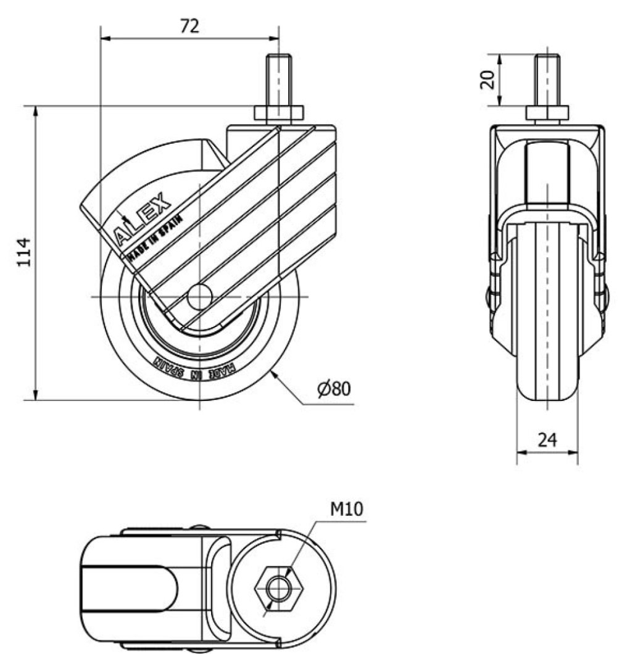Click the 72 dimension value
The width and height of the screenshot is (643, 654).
click(x=189, y=26)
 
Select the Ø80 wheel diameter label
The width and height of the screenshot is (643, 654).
click(x=334, y=389)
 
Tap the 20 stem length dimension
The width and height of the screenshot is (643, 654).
click(x=487, y=80)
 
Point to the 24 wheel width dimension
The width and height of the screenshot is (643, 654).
click(x=547, y=439)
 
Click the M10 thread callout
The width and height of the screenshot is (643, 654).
click(x=347, y=508)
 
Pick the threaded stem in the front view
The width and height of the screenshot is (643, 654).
click(x=547, y=80)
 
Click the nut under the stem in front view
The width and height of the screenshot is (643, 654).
click(x=547, y=114)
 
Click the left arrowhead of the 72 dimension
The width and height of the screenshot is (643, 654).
click(x=104, y=38)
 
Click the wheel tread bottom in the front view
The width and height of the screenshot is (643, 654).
click(x=547, y=401)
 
